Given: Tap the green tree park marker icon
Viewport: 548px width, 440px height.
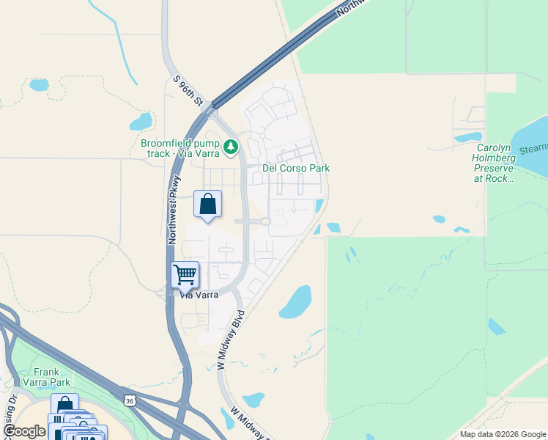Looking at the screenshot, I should coord(232,147).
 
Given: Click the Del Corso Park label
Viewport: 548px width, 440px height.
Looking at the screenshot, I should coord(296,168).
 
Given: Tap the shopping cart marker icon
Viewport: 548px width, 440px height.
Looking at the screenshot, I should coord(185,275).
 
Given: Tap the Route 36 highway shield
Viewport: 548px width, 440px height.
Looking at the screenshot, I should coord(130,400).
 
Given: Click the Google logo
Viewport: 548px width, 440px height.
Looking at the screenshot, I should coord(25,431).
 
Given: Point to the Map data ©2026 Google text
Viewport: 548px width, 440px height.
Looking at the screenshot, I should coord(502,434).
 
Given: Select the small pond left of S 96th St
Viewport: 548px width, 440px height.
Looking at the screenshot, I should coord(140,120).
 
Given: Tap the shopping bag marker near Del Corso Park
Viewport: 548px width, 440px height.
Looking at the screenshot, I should coord(208,203).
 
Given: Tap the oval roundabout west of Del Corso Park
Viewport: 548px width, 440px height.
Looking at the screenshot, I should coord(264,221).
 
